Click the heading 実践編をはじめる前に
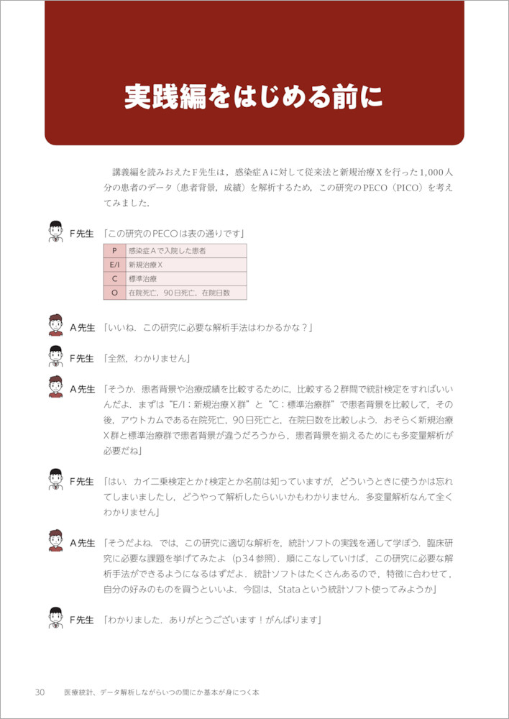point(254,97)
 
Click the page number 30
point(40,692)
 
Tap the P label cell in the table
point(114,251)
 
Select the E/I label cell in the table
point(114,265)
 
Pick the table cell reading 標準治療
point(143,279)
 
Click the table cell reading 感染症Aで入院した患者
point(167,251)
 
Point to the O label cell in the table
point(114,293)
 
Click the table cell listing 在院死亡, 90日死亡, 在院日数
point(178,293)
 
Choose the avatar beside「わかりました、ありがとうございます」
point(55,618)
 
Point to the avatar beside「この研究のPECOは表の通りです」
point(55,232)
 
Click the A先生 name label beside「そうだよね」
point(82,543)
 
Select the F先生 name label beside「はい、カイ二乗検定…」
point(82,481)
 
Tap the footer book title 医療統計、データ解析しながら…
point(160,692)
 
